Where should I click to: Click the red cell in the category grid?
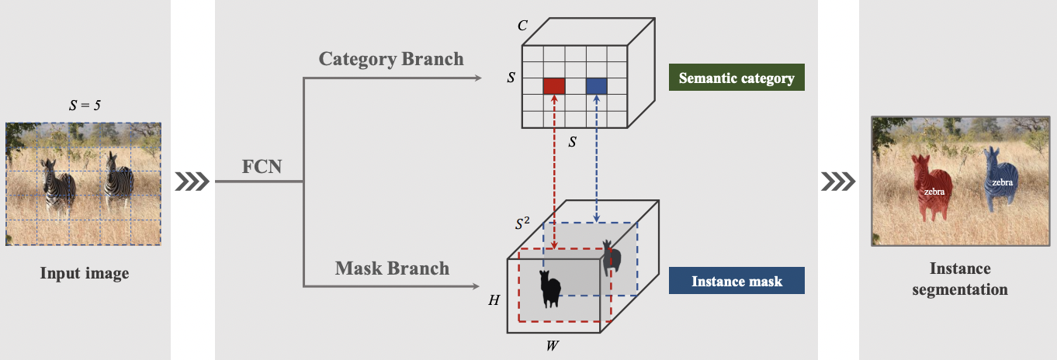pyautogui.click(x=553, y=85)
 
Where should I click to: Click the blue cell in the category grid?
pyautogui.click(x=596, y=85)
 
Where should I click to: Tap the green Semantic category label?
pyautogui.click(x=736, y=78)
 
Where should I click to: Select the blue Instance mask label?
pyautogui.click(x=736, y=281)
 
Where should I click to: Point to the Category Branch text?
pyautogui.click(x=391, y=59)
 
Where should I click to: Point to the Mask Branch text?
pyautogui.click(x=392, y=268)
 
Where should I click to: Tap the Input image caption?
pyautogui.click(x=85, y=273)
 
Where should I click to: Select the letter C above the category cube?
pyautogui.click(x=523, y=26)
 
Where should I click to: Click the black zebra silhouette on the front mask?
pyautogui.click(x=550, y=289)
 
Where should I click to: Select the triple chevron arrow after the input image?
pyautogui.click(x=193, y=182)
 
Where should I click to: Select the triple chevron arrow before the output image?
pyautogui.click(x=838, y=182)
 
